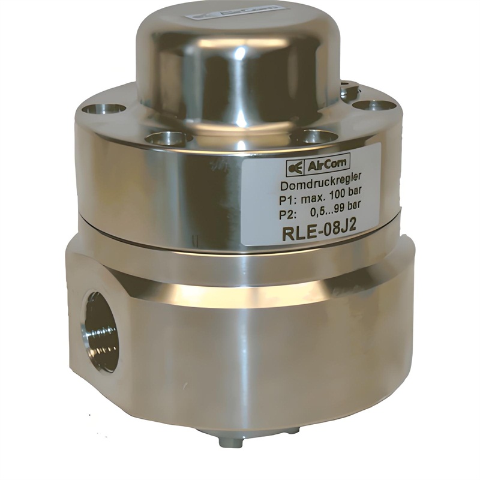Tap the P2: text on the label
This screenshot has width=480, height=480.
[x=288, y=215]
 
